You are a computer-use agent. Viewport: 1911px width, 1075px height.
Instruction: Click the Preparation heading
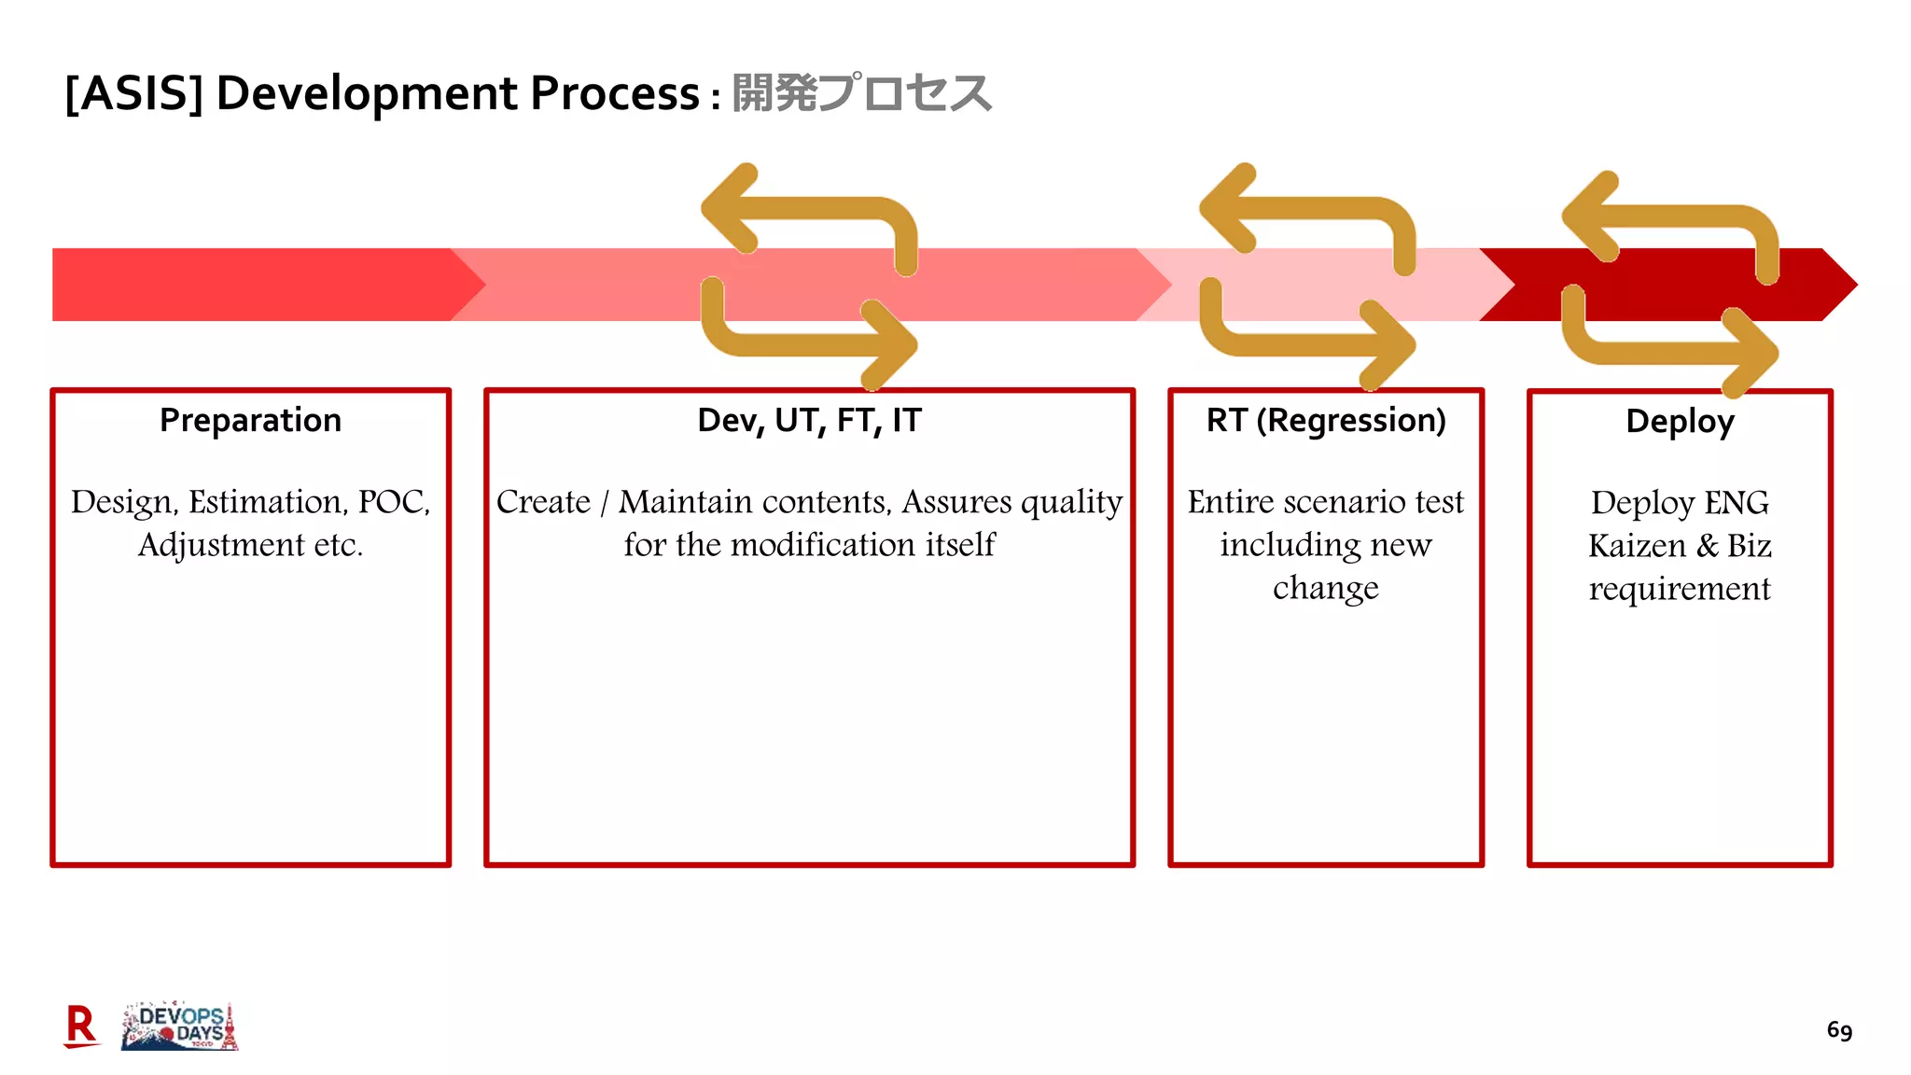[x=250, y=421]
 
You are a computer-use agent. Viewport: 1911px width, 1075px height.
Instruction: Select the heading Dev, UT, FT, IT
[x=809, y=421]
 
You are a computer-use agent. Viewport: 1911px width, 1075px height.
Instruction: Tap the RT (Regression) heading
[x=1325, y=421]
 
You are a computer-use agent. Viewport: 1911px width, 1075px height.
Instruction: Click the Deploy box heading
[x=1680, y=422]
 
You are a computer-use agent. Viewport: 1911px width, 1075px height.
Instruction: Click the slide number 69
[x=1839, y=1030]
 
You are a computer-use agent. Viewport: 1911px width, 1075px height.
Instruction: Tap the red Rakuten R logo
[x=81, y=1026]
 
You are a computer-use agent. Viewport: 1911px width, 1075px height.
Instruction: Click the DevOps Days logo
[x=180, y=1026]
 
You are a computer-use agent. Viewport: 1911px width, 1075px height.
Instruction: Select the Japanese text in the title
[x=860, y=93]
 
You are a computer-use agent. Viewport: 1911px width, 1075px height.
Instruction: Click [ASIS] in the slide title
[x=133, y=93]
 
